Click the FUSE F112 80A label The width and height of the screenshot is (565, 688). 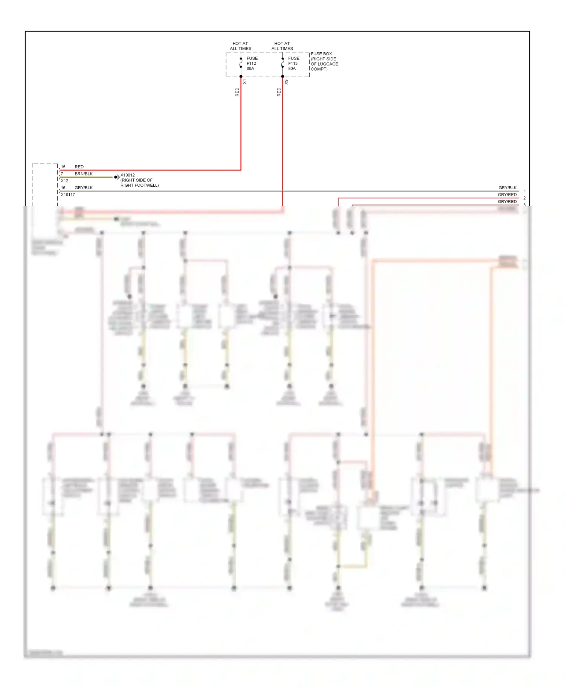click(252, 63)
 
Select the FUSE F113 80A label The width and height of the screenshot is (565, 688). click(293, 63)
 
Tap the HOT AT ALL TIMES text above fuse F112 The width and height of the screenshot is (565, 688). click(240, 46)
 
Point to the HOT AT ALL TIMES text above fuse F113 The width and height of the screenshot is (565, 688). click(282, 46)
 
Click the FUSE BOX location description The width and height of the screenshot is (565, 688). click(324, 61)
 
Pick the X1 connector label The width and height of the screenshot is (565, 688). click(245, 82)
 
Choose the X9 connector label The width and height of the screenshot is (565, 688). click(287, 82)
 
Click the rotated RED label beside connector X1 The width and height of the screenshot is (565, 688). click(237, 92)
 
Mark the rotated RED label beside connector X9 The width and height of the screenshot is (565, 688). click(279, 92)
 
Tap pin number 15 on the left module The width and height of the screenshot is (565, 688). click(63, 167)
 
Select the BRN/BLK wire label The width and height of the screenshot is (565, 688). click(84, 174)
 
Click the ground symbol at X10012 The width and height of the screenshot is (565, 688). click(116, 177)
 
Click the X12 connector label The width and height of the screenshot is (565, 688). click(64, 181)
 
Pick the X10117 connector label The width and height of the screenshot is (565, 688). click(68, 195)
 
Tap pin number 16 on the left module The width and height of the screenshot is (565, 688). click(63, 187)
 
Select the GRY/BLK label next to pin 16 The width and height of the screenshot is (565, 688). click(84, 187)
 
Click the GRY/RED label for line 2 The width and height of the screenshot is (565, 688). click(507, 195)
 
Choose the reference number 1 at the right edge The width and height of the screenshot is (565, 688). click(524, 191)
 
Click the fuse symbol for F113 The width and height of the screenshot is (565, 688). click(282, 63)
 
